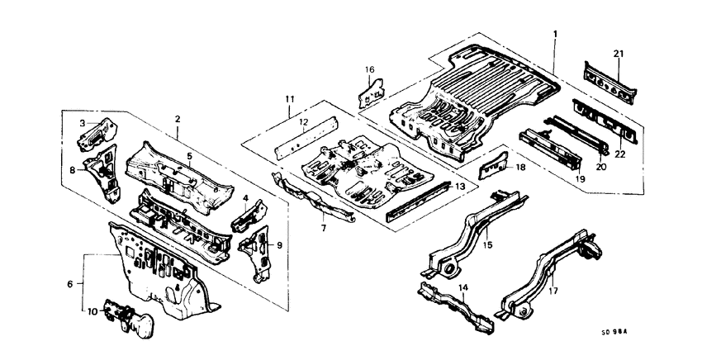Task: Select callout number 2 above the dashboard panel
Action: tap(178, 120)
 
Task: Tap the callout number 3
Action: tap(82, 123)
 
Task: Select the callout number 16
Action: tap(370, 69)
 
